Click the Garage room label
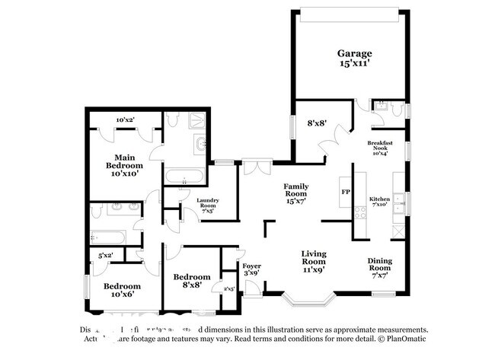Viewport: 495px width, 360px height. tap(355, 53)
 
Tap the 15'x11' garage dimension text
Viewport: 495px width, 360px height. tap(355, 65)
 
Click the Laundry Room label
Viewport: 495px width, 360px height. tap(208, 205)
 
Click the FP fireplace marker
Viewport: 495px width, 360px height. tap(345, 192)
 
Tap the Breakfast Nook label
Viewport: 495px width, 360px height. tap(380, 148)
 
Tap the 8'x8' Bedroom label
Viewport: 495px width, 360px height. tap(190, 282)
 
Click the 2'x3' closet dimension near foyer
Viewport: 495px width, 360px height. tap(228, 288)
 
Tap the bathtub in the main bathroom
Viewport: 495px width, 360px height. tap(184, 178)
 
